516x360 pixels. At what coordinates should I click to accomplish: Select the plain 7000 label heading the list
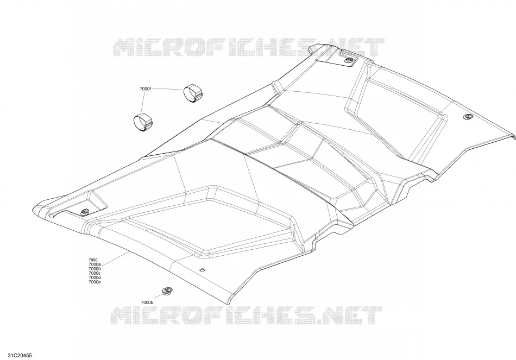[x=93, y=260]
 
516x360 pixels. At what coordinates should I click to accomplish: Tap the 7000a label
[x=95, y=264]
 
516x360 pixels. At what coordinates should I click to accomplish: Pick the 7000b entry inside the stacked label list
[x=95, y=269]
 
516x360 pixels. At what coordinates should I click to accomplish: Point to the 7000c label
[x=95, y=273]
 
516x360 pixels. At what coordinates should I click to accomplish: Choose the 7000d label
[x=95, y=277]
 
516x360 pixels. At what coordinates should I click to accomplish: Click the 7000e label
[x=95, y=282]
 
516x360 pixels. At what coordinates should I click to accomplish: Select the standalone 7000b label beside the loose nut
[x=147, y=302]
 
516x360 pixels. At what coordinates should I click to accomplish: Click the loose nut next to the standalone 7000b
[x=167, y=291]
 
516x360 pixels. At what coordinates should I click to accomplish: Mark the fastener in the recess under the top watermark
[x=349, y=60]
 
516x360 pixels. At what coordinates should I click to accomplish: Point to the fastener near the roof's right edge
[x=467, y=117]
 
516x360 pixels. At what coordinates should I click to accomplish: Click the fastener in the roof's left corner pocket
[x=85, y=212]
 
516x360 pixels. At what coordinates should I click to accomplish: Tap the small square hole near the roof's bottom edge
[x=203, y=270]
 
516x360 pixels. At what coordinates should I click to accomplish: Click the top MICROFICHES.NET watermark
[x=248, y=48]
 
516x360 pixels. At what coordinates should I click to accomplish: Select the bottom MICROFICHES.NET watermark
[x=245, y=316]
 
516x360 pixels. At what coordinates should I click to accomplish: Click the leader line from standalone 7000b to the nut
[x=159, y=298]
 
